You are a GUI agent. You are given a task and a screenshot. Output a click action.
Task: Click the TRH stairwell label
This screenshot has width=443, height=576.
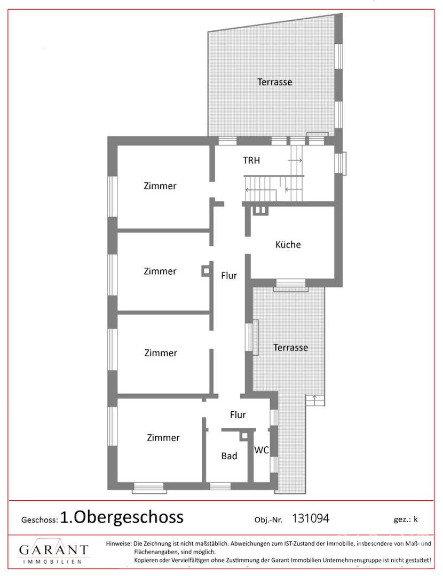point(251,161)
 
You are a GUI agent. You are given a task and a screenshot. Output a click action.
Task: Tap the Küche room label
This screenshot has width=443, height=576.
point(288,245)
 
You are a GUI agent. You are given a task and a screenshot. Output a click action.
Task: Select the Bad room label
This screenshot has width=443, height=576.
point(229,456)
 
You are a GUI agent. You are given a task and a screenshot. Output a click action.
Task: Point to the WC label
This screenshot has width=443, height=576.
point(262,450)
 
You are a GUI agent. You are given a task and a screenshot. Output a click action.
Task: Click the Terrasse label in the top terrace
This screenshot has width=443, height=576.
point(275,82)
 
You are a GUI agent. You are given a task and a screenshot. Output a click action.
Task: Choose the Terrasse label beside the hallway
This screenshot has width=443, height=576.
point(290,348)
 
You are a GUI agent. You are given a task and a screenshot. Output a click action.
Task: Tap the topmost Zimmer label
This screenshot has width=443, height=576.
point(160,186)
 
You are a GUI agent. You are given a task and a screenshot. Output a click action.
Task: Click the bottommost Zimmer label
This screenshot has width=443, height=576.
point(163,437)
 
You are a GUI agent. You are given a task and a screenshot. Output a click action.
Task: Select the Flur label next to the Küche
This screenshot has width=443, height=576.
point(229,276)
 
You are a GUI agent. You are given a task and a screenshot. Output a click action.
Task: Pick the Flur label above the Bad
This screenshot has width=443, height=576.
point(238,415)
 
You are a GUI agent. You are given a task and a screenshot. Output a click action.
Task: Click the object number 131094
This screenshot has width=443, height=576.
point(311,518)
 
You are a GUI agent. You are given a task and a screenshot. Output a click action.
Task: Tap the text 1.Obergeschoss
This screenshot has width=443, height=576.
point(122,517)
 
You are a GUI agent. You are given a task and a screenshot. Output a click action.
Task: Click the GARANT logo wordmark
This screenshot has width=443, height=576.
point(54,549)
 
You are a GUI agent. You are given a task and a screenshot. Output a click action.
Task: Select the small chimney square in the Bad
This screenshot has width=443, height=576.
point(244,436)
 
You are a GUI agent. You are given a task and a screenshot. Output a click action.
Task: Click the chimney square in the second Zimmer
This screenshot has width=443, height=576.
point(206,271)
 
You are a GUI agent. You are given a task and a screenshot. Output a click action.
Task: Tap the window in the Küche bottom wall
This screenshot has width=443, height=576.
point(290,285)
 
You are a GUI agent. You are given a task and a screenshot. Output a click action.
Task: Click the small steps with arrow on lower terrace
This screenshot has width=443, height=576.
point(315,400)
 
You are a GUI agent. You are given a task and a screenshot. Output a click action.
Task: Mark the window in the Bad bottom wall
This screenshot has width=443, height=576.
point(220,486)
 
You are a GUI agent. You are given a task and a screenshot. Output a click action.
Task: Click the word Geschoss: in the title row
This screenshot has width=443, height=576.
point(39,520)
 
